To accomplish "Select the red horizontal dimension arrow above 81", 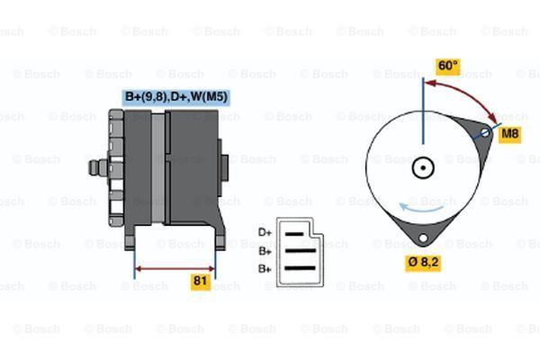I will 175,268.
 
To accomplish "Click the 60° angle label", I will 447,66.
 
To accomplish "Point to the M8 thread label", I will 509,134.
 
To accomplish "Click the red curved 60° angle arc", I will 468,94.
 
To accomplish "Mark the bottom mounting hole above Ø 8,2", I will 422,238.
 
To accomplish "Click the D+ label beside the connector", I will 265,233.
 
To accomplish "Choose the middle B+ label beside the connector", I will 265,251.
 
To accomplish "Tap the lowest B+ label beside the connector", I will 265,268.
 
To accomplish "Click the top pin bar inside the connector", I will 297,233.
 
